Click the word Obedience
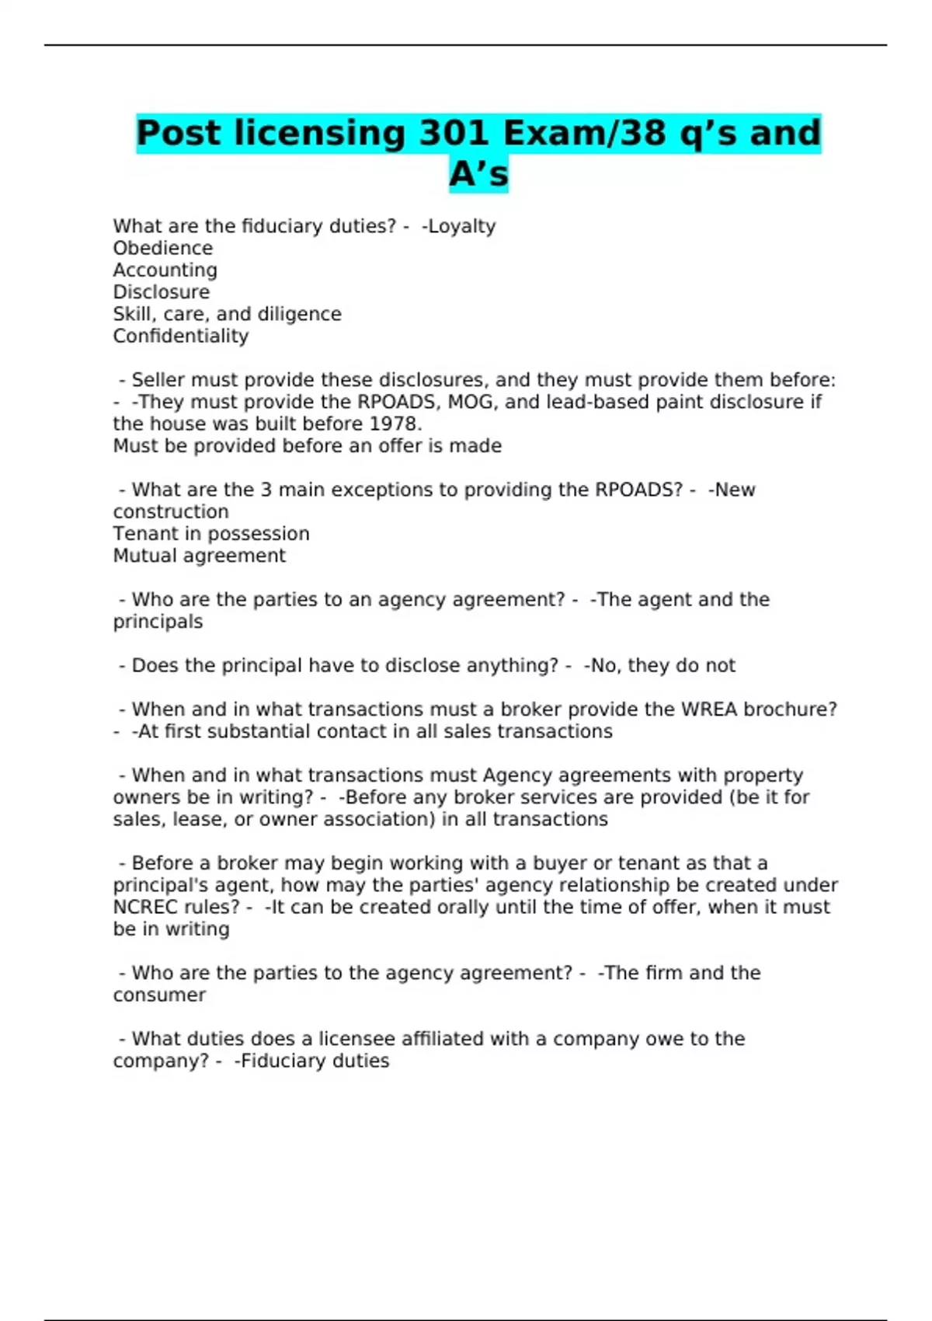pyautogui.click(x=162, y=248)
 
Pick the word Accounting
pyautogui.click(x=165, y=270)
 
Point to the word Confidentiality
pyautogui.click(x=180, y=336)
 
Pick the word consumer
pyautogui.click(x=159, y=995)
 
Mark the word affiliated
pyautogui.click(x=447, y=1039)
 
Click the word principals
pyautogui.click(x=158, y=622)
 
